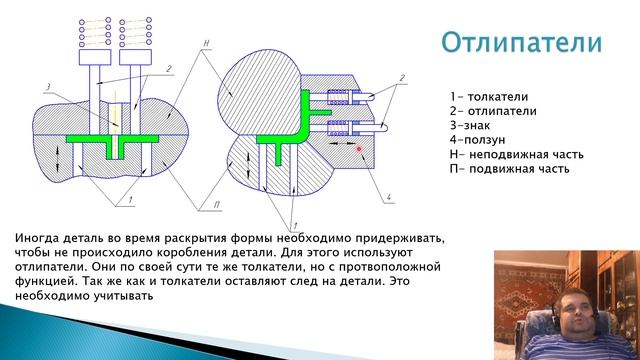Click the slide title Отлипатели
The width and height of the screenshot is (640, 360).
coord(520,43)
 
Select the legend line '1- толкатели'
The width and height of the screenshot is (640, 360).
coord(484,98)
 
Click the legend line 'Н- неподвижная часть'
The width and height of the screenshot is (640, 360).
coord(516,154)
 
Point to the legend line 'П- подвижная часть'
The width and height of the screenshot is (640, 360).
coord(508,168)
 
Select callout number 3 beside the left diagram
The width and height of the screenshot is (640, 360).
coord(47,87)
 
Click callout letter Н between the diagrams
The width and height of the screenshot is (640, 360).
coord(204,44)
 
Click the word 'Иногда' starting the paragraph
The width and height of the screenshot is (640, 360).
coord(39,239)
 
